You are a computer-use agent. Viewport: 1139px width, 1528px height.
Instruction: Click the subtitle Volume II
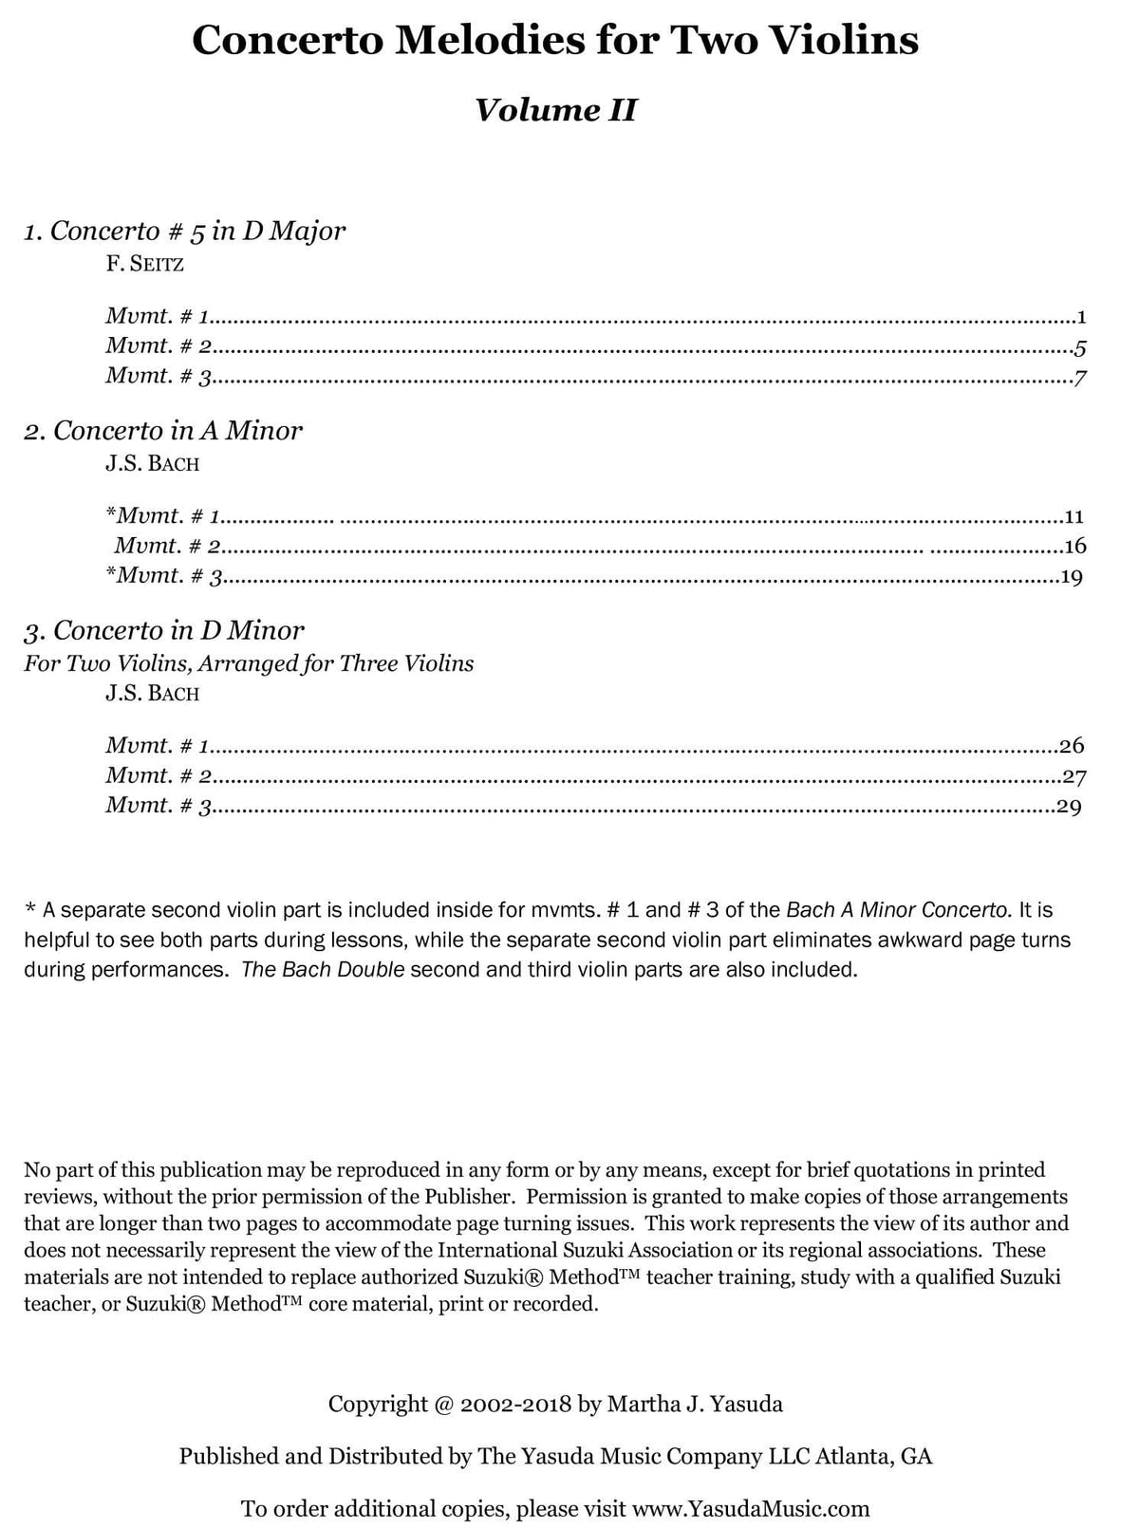(x=555, y=111)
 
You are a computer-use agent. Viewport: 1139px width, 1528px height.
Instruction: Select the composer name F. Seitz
(x=144, y=264)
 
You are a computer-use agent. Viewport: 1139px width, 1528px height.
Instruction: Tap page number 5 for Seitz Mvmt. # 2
(x=1081, y=347)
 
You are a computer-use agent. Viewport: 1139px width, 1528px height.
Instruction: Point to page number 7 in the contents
(x=1080, y=378)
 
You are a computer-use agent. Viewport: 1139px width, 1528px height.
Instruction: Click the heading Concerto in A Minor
(x=163, y=431)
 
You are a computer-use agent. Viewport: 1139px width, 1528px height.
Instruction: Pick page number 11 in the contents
(x=1074, y=517)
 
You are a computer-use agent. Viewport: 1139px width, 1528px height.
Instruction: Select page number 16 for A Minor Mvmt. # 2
(x=1074, y=547)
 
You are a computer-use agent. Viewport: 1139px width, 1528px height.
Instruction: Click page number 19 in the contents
(x=1072, y=576)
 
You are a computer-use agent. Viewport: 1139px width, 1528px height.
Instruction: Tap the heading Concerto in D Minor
(x=164, y=630)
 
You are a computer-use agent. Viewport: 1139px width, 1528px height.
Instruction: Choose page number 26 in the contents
(x=1073, y=746)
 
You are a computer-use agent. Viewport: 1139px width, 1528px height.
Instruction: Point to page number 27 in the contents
(x=1074, y=776)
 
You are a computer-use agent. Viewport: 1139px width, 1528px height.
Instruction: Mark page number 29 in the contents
(x=1070, y=808)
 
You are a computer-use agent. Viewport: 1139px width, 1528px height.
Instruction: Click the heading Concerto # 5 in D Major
(x=185, y=231)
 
